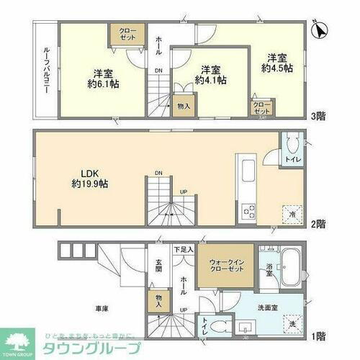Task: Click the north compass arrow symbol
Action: (320, 30)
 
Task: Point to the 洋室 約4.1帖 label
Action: (212, 75)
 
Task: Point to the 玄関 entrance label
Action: (158, 266)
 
